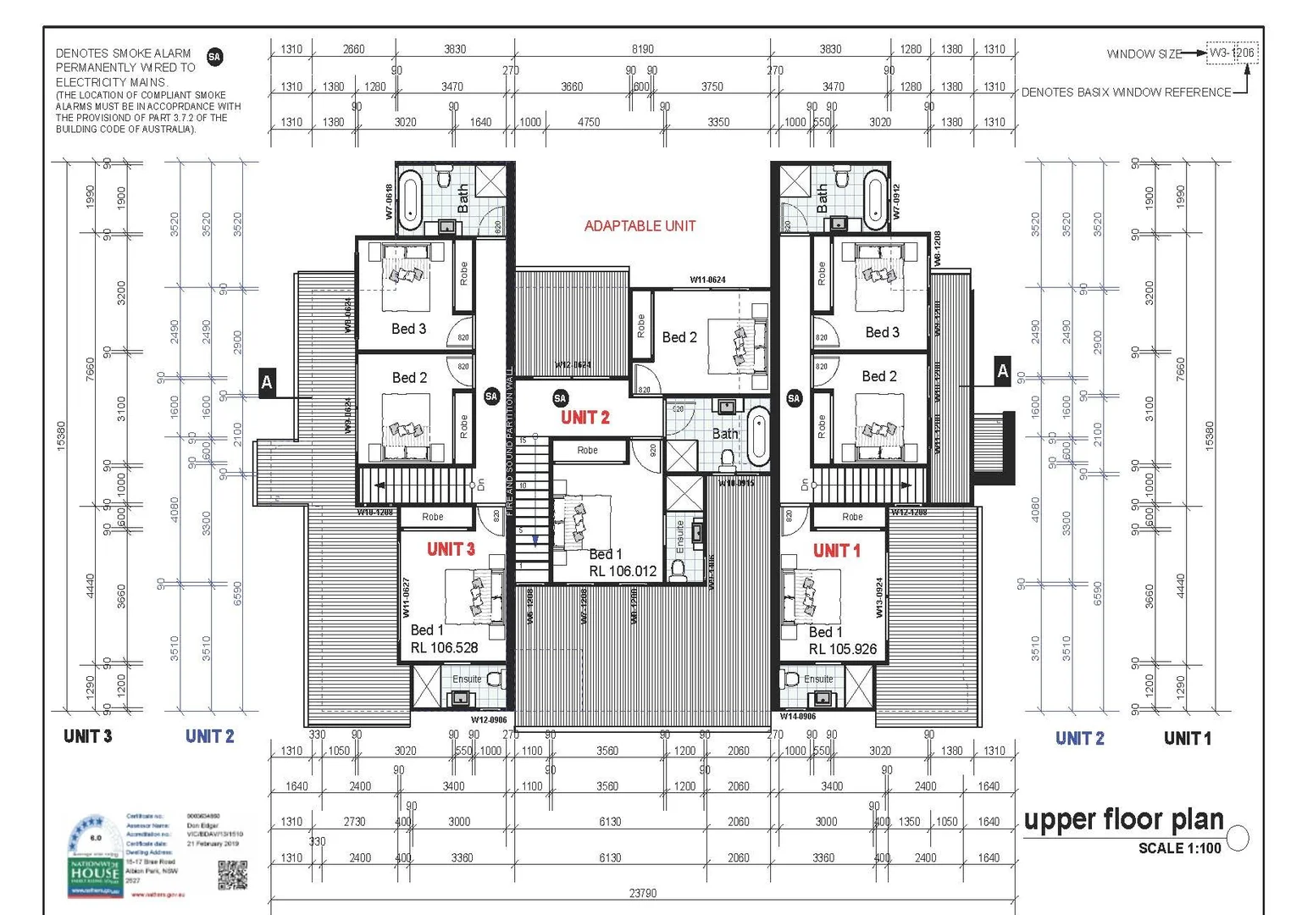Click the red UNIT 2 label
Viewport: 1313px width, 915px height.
click(x=584, y=417)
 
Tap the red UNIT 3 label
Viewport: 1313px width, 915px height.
click(x=451, y=549)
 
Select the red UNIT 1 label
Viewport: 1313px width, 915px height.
click(x=836, y=551)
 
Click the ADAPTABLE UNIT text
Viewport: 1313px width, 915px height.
click(x=640, y=226)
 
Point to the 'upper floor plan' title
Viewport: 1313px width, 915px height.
click(x=1123, y=819)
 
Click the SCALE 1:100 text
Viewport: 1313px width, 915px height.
click(x=1179, y=848)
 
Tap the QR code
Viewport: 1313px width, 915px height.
click(x=232, y=875)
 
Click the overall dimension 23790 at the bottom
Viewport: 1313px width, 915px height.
click(x=643, y=893)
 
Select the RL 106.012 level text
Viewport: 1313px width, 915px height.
click(x=623, y=571)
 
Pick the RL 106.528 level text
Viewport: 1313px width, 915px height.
click(x=444, y=647)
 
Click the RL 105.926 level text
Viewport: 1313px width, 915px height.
click(x=842, y=649)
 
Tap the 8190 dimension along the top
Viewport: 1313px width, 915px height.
click(x=642, y=49)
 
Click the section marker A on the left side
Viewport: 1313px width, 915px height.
click(x=267, y=382)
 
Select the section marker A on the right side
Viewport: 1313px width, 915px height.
click(x=1003, y=370)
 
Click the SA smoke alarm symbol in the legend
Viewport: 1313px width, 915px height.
click(x=214, y=57)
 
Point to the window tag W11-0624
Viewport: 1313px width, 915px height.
click(x=707, y=280)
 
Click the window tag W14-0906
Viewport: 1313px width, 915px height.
click(x=797, y=716)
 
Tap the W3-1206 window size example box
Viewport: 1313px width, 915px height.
click(x=1232, y=53)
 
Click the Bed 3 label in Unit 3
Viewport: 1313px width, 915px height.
click(x=408, y=329)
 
